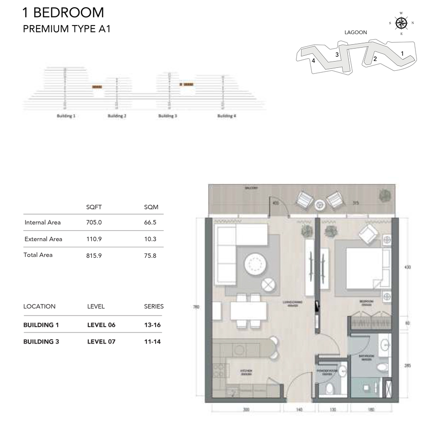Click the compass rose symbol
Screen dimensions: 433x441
[401, 23]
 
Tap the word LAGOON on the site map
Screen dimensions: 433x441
[355, 33]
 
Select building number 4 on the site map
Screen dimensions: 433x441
[313, 61]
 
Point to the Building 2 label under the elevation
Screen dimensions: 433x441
[117, 116]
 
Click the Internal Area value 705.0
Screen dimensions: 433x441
[94, 222]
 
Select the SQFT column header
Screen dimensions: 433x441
[94, 207]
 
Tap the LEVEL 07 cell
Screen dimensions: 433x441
[101, 342]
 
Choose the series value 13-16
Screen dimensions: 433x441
[152, 325]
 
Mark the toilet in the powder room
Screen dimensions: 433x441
[330, 388]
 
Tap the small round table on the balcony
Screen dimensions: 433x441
[320, 204]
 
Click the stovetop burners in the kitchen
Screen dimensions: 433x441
[218, 371]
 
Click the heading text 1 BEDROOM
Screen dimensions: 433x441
[63, 13]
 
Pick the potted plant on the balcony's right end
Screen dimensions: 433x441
[384, 196]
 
